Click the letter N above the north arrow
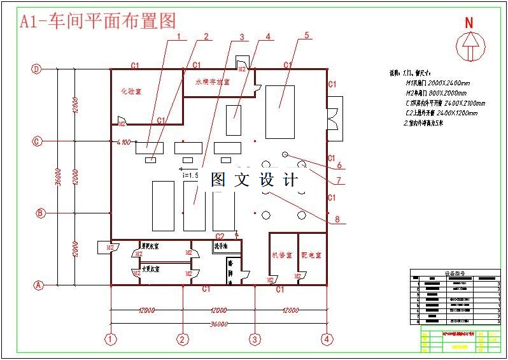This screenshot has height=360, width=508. tap(469, 23)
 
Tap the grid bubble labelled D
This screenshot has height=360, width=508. tap(37, 69)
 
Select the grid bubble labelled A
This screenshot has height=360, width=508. tap(37, 285)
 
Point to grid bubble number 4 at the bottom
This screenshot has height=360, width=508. tap(327, 338)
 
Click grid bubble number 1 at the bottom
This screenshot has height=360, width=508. tap(112, 338)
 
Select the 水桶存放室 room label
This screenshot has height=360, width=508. tap(212, 82)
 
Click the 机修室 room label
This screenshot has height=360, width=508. tap(280, 255)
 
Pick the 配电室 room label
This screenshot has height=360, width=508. tap(311, 255)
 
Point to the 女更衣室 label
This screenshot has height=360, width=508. tap(150, 268)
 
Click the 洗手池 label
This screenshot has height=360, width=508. tap(222, 245)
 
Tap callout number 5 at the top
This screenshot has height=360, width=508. tap(306, 36)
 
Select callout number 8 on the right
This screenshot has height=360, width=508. tap(337, 220)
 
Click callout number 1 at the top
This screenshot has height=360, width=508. tap(179, 36)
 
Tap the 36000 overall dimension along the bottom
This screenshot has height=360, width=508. tap(218, 324)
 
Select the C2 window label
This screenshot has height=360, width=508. tap(220, 236)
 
